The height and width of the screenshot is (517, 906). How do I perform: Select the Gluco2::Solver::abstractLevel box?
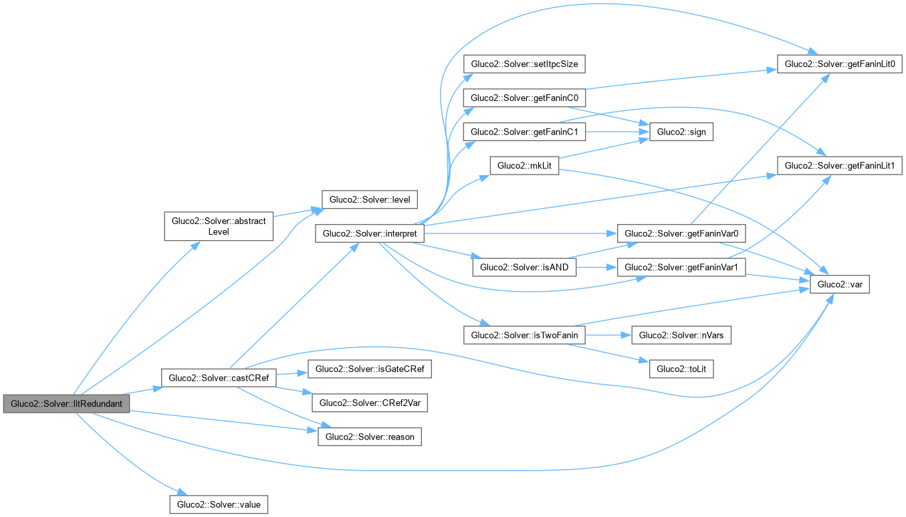pyautogui.click(x=218, y=225)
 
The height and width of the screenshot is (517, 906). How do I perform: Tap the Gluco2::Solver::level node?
pyautogui.click(x=370, y=199)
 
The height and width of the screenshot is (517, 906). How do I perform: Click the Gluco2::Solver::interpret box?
pyautogui.click(x=369, y=233)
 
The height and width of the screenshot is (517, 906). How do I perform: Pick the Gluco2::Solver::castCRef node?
pyautogui.click(x=219, y=378)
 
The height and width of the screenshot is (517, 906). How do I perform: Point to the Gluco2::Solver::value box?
pyautogui.click(x=219, y=504)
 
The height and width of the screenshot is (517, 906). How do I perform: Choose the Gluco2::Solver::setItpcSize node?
pyautogui.click(x=524, y=64)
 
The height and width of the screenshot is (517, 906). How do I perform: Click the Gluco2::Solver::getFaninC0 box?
pyautogui.click(x=524, y=98)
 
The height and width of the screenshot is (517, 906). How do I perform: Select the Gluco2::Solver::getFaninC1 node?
pyautogui.click(x=524, y=132)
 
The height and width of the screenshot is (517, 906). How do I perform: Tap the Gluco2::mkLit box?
pyautogui.click(x=524, y=166)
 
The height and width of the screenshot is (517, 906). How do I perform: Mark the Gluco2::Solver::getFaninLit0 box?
pyautogui.click(x=840, y=64)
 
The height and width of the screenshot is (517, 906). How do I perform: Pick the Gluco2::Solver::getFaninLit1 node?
pyautogui.click(x=840, y=165)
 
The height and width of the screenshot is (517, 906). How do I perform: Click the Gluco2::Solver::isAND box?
pyautogui.click(x=524, y=268)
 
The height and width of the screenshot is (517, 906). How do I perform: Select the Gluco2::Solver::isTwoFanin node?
pyautogui.click(x=524, y=335)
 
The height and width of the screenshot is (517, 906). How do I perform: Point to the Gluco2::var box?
pyautogui.click(x=840, y=284)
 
